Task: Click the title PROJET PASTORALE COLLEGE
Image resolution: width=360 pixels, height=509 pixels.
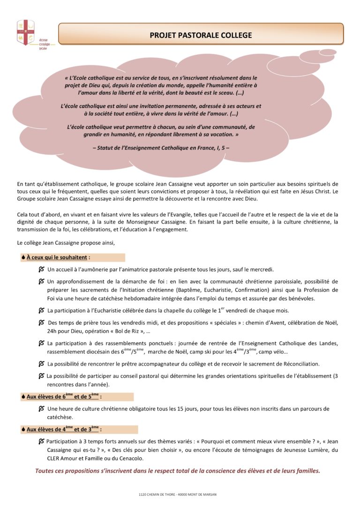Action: (201, 35)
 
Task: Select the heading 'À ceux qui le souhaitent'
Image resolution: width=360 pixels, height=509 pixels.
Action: (58, 257)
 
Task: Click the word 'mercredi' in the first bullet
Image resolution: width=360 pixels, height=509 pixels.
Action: (261, 269)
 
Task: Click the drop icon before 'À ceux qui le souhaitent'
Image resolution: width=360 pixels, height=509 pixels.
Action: (23, 257)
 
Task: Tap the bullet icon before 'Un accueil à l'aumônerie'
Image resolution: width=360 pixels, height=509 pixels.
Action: (42, 269)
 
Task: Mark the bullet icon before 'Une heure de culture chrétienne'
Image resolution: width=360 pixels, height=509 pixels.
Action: (42, 409)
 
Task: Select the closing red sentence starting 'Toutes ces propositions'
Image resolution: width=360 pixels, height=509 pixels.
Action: (178, 471)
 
